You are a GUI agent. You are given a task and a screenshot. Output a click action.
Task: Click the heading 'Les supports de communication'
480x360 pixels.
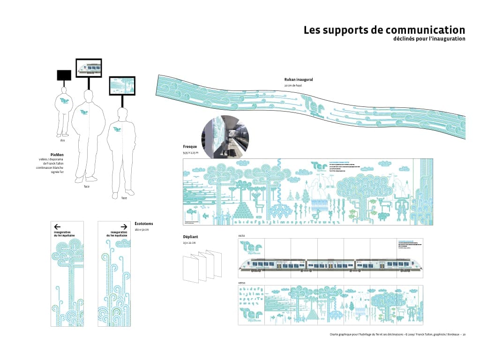pyautogui.click(x=384, y=30)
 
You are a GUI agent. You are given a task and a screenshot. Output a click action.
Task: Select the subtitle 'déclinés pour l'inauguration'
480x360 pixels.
pyautogui.click(x=429, y=39)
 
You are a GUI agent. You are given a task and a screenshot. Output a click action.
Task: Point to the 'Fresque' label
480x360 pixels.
pyautogui.click(x=190, y=147)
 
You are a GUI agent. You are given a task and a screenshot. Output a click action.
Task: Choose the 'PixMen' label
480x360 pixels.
pyautogui.click(x=57, y=154)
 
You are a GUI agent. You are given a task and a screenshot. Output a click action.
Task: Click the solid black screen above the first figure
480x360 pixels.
pyautogui.click(x=64, y=75)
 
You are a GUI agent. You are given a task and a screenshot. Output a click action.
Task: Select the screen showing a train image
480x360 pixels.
pyautogui.click(x=89, y=68)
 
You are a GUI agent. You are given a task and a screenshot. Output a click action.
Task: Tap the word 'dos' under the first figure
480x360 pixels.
pyautogui.click(x=62, y=140)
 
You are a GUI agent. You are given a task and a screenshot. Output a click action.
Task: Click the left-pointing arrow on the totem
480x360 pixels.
pyautogui.click(x=58, y=226)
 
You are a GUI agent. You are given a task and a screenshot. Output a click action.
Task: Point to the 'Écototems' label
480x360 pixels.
pyautogui.click(x=143, y=224)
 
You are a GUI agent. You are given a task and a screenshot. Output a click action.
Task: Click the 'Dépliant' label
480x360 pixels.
pyautogui.click(x=190, y=237)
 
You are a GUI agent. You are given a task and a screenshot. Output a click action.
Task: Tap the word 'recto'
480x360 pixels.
pyautogui.click(x=242, y=235)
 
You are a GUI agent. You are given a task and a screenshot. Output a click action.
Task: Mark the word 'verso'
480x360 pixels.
pyautogui.click(x=242, y=283)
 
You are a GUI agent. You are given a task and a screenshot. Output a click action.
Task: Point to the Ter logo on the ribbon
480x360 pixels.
pyautogui.click(x=312, y=105)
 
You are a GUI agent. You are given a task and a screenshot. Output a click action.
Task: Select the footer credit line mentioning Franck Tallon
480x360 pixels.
pyautogui.click(x=394, y=335)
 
